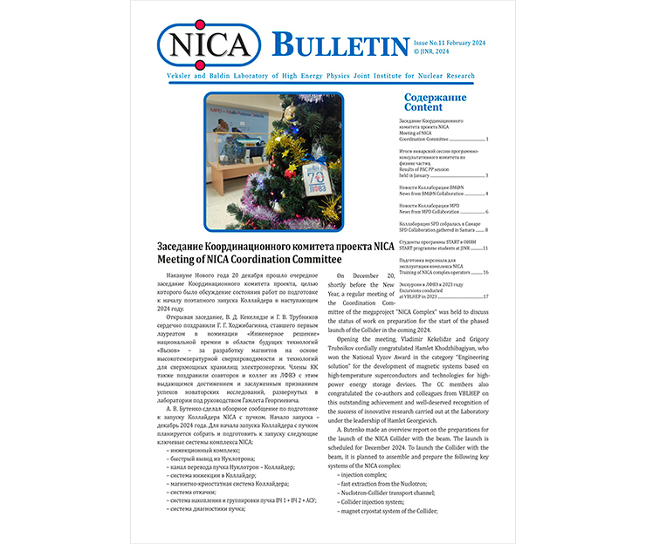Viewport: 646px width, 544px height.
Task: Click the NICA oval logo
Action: (207, 43)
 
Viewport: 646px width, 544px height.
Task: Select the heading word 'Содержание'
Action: (435, 97)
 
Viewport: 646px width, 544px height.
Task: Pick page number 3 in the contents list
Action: (486, 175)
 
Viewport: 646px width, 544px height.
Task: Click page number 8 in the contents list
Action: (486, 230)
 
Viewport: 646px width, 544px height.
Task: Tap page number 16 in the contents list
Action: (485, 273)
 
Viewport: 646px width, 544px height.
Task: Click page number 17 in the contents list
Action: (485, 297)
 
